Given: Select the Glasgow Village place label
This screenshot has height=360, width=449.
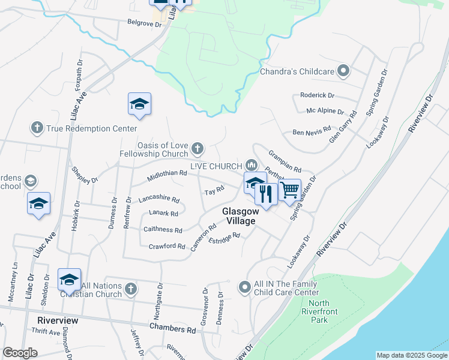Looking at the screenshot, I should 240,216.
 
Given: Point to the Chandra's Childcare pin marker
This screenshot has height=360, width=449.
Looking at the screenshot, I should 344,71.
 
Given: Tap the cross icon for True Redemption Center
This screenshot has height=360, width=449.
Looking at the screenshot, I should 37,128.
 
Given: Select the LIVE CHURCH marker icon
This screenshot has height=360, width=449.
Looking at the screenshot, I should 252,165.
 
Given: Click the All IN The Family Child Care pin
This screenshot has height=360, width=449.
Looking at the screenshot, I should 244,287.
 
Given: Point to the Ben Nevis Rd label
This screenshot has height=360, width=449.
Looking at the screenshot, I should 312,130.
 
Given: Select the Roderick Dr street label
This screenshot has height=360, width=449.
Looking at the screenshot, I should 317,95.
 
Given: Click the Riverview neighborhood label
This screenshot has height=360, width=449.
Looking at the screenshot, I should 58,320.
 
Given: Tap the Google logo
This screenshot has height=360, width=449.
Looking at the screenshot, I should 20,353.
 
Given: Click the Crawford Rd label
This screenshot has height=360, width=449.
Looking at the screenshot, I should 167,247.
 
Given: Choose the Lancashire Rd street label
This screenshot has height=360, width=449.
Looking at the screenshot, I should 159,199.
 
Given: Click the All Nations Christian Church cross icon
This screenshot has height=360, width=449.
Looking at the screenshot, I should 131,289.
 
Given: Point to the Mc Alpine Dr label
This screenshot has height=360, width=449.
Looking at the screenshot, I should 325,112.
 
